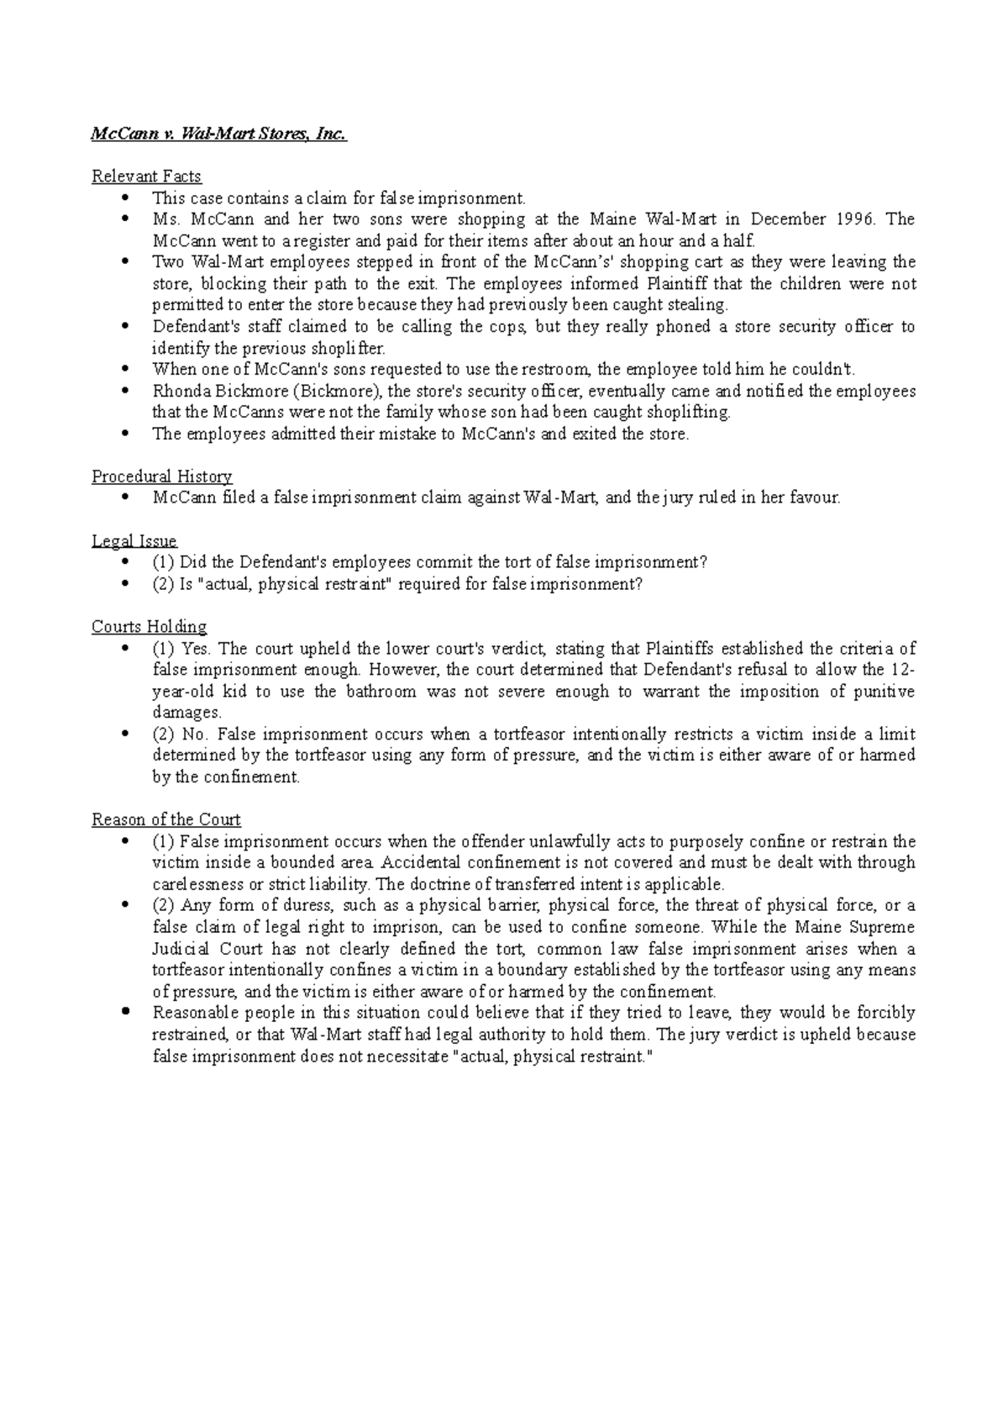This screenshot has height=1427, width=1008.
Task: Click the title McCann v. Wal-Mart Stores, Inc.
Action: [x=218, y=134]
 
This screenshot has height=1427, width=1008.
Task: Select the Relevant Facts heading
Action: [x=147, y=176]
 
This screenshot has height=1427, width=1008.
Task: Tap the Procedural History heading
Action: [x=162, y=477]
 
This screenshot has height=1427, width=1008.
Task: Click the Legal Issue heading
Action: [x=134, y=541]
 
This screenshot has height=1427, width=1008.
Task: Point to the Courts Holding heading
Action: [x=150, y=627]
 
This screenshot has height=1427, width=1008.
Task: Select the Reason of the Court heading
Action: [x=166, y=819]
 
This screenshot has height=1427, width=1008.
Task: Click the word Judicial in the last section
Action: [x=183, y=949]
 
